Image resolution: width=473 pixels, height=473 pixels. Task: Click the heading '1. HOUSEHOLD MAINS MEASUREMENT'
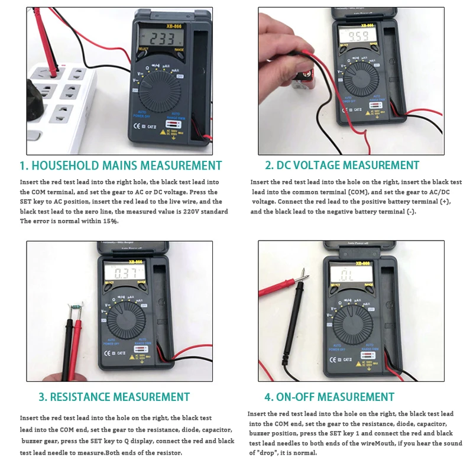121,166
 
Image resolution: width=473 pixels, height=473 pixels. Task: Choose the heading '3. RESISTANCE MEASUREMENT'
114,397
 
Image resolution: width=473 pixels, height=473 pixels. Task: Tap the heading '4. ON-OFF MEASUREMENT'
329,397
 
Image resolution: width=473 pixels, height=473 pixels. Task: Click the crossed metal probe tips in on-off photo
305,274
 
